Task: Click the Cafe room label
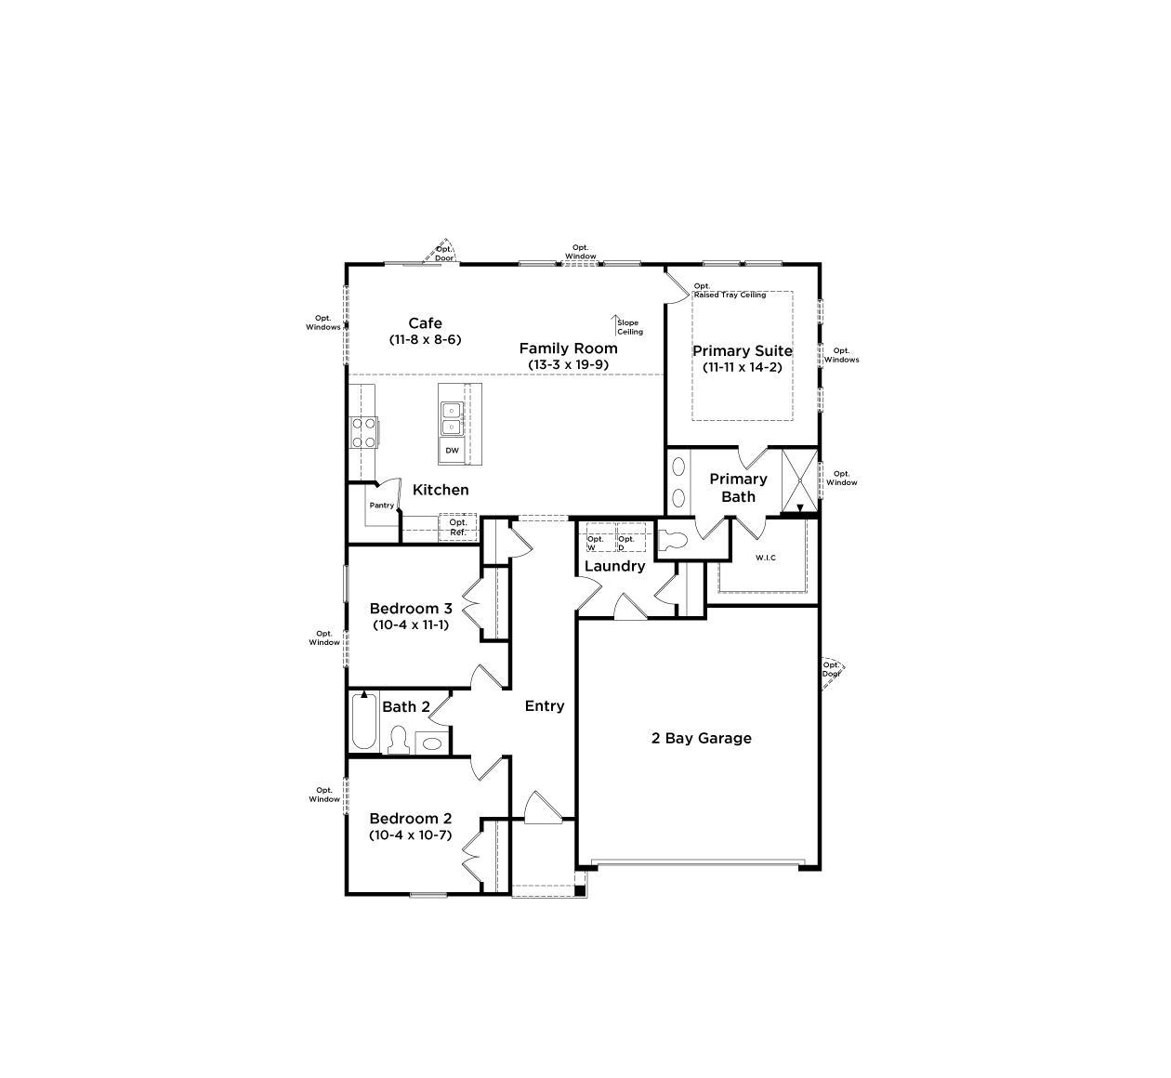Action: [425, 322]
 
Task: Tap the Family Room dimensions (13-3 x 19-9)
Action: [568, 364]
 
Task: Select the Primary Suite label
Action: [742, 350]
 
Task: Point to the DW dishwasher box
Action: [452, 450]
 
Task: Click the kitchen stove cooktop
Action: [363, 432]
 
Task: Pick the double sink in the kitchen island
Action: [452, 419]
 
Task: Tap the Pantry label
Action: [382, 506]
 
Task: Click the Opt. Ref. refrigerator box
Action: [458, 527]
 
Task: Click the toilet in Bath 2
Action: [399, 740]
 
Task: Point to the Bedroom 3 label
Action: [411, 608]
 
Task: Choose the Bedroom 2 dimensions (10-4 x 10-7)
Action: [411, 835]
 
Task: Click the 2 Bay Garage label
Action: [701, 738]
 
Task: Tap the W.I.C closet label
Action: [765, 558]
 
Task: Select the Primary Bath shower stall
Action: [800, 480]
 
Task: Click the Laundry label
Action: [614, 566]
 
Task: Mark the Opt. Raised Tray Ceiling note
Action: [730, 290]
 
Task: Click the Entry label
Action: [544, 706]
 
